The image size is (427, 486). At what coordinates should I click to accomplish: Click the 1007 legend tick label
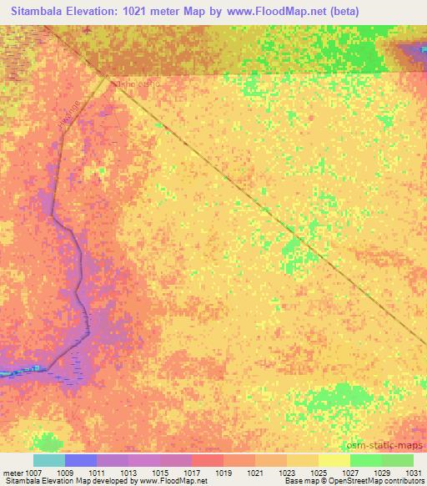[x=33, y=473]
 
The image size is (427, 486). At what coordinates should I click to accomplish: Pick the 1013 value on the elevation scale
[x=128, y=473]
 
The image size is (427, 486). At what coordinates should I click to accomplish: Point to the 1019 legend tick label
[x=224, y=473]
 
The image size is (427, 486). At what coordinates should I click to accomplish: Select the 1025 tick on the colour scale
[x=318, y=473]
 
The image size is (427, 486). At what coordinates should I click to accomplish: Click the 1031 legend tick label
[x=412, y=473]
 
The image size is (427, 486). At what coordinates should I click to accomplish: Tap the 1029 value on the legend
[x=380, y=473]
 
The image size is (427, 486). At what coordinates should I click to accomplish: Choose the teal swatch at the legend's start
[x=49, y=460]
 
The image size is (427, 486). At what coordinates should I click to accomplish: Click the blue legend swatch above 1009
[x=81, y=460]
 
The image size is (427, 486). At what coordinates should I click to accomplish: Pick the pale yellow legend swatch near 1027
[x=334, y=460]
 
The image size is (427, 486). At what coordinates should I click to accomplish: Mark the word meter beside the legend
[x=12, y=473]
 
